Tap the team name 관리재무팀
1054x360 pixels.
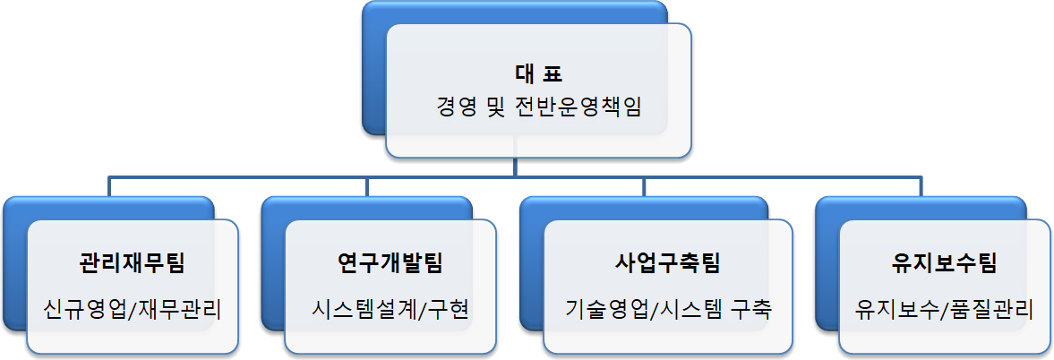133,264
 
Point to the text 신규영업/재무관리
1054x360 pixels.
133,310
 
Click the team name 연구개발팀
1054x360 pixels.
390,264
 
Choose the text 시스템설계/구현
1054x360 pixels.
391,310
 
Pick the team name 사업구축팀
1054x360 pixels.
668,264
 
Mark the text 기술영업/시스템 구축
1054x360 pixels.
668,310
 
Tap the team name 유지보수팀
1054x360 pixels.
945,264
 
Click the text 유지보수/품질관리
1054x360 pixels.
945,310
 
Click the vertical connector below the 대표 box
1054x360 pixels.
515,168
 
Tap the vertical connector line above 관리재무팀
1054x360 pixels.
109,185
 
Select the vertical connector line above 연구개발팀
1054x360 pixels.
367,185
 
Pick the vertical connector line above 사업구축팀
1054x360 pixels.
646,185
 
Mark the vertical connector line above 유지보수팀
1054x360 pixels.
921,185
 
